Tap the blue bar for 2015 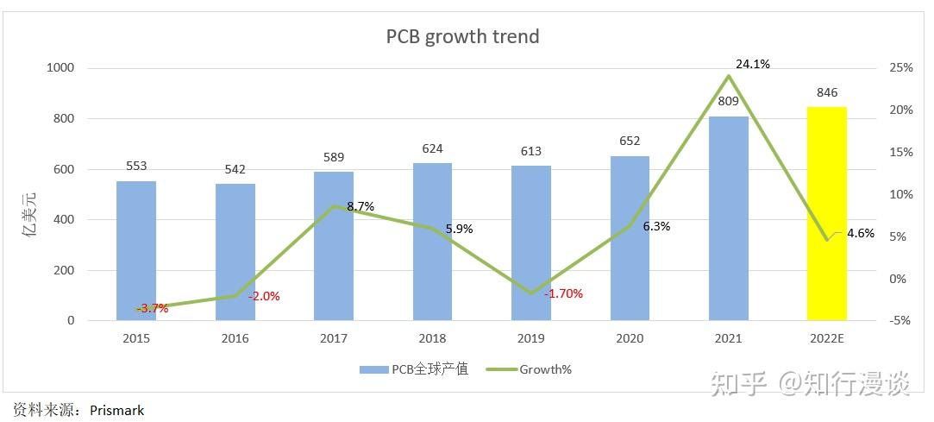coord(136,250)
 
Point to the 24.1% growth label coord(752,64)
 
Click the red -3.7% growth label coord(152,308)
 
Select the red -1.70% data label coord(563,293)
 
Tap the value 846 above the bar coord(826,93)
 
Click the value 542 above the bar coord(235,169)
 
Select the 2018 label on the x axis coord(432,338)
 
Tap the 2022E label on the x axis coord(826,338)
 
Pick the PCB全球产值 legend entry coord(414,369)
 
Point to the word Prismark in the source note coord(116,410)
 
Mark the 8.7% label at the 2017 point coord(360,207)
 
